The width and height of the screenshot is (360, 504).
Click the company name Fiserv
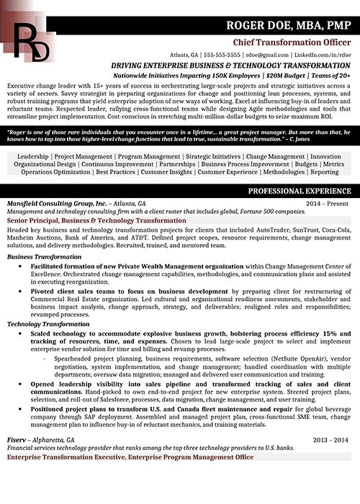(19, 439)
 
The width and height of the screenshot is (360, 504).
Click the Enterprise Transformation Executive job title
(130, 456)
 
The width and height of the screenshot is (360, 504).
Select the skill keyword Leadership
(32, 156)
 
